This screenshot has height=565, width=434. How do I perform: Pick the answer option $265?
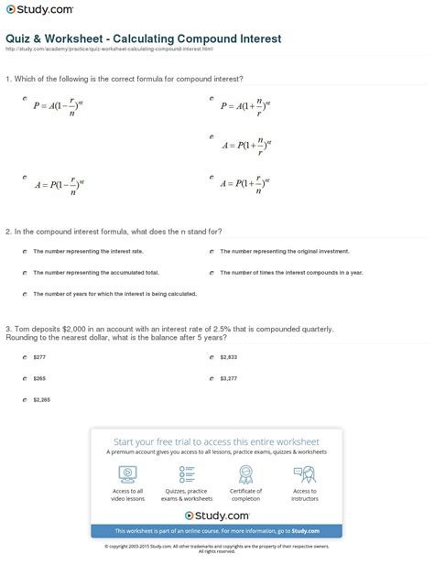click(x=38, y=376)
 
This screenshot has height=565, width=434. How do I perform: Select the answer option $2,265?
click(x=41, y=398)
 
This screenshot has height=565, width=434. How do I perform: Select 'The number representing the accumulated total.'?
click(x=82, y=272)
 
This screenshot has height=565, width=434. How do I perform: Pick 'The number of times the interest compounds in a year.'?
click(x=291, y=272)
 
